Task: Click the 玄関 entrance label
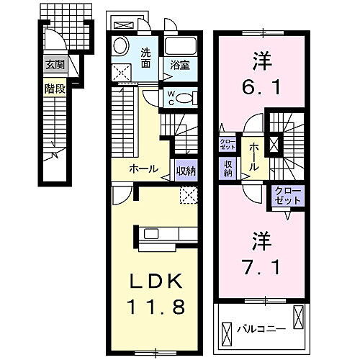[55, 64]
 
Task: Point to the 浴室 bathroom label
[179, 65]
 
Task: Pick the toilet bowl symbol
[186, 99]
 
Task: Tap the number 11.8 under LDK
[159, 307]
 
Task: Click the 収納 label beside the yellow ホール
[184, 171]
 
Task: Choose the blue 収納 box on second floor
[228, 168]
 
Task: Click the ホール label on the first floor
[143, 168]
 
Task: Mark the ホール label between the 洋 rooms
[254, 156]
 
